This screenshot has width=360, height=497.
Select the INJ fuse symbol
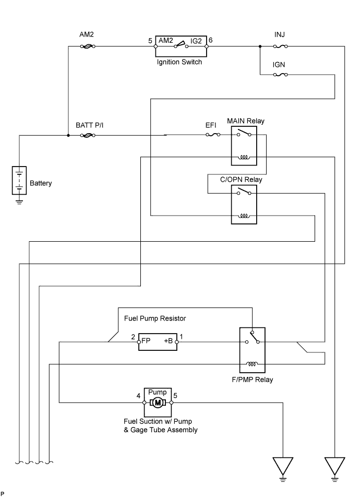281,46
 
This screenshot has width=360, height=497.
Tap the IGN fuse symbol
281,75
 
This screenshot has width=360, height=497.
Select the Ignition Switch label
179,62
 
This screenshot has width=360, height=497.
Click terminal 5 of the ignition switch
155,46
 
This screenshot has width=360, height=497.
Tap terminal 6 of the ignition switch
206,46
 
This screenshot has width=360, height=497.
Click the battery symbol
19,180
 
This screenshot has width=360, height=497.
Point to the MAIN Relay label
245,121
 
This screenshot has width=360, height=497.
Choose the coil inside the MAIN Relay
244,157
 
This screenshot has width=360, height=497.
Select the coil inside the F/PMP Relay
251,364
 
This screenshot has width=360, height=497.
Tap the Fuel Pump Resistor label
155,318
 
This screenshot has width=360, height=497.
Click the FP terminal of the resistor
140,342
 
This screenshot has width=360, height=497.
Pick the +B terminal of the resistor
177,342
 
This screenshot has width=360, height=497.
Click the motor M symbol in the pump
158,403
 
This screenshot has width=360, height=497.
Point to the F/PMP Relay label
253,380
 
